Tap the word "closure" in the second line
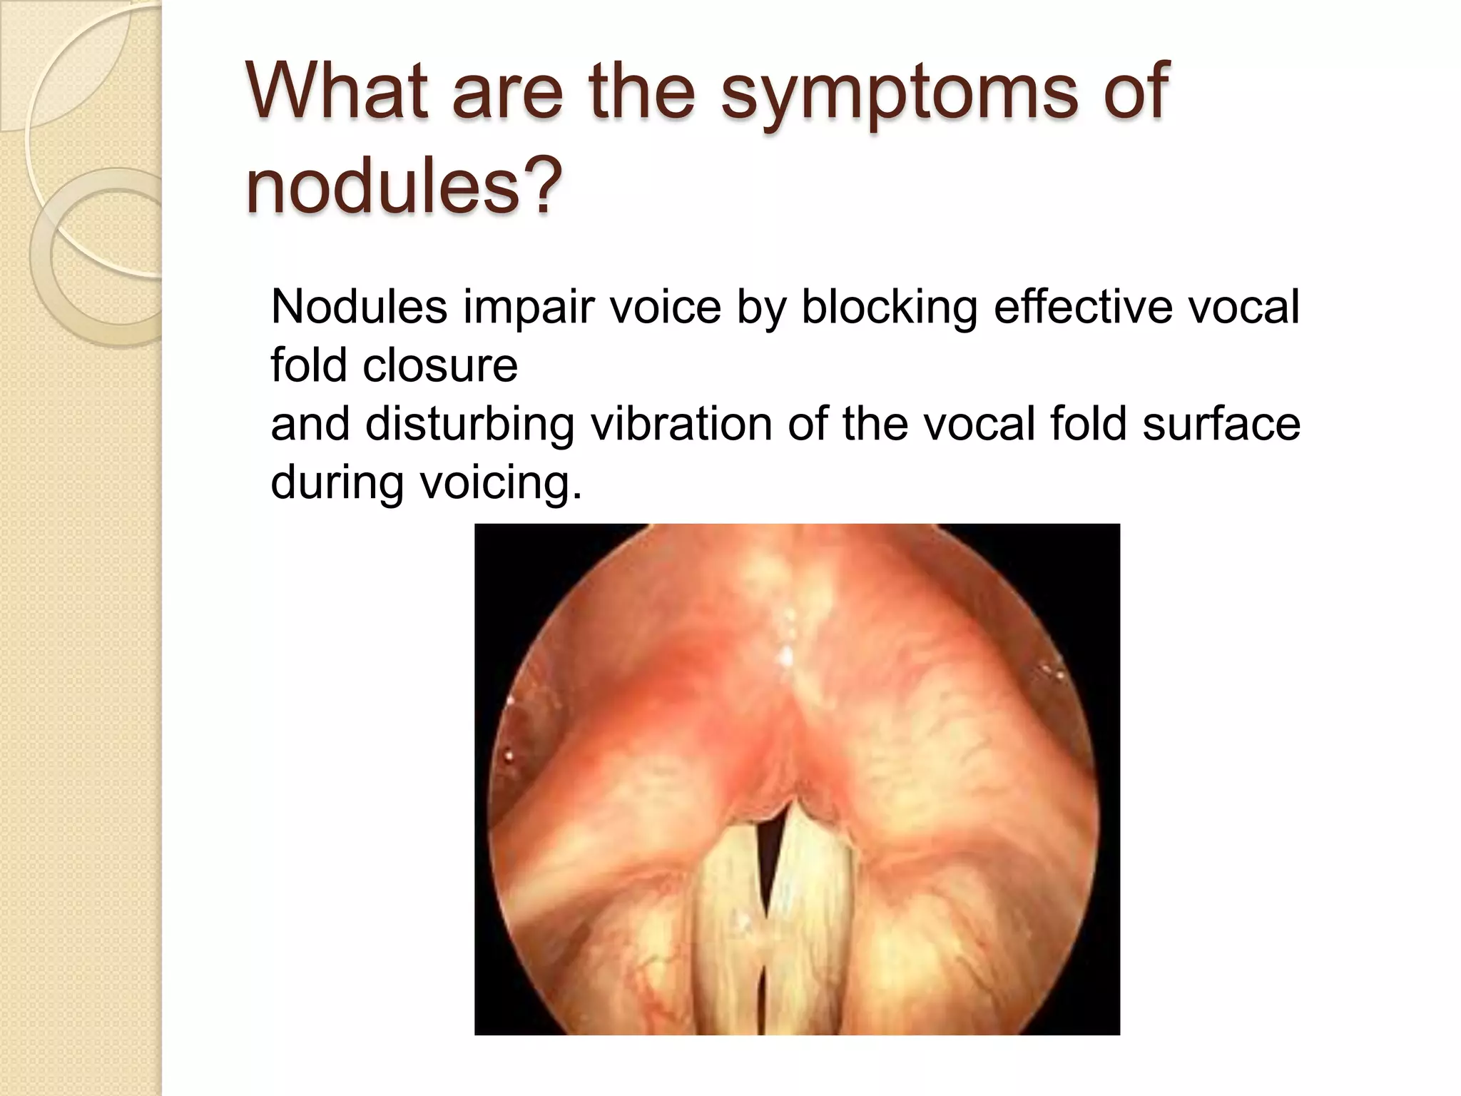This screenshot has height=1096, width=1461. [x=439, y=365]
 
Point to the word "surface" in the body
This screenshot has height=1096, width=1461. [x=1221, y=424]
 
